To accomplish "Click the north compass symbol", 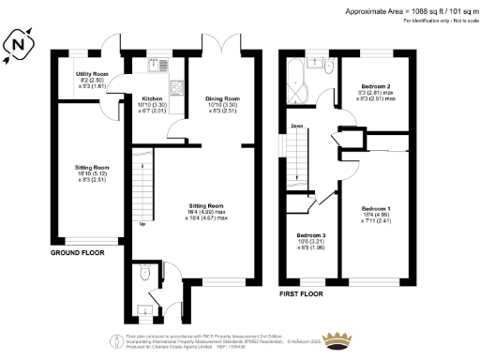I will click(x=22, y=44).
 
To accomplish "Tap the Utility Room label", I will click(x=92, y=74).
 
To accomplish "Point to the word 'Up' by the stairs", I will click(x=142, y=224).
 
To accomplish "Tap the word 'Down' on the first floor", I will click(x=296, y=126).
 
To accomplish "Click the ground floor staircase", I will click(x=141, y=187).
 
